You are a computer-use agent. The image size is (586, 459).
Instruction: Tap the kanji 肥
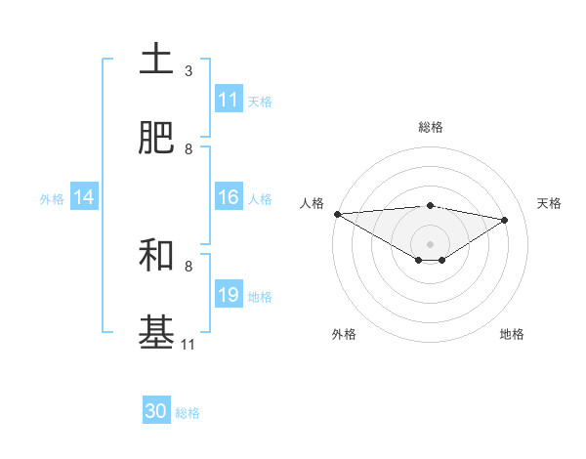click(156, 138)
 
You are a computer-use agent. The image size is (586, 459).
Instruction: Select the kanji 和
click(156, 255)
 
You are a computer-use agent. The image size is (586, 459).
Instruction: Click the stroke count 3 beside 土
click(188, 71)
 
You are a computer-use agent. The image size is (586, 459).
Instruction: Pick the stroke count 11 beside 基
click(188, 344)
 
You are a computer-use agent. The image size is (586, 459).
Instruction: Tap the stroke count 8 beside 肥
click(188, 149)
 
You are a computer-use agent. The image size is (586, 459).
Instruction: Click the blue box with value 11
click(229, 100)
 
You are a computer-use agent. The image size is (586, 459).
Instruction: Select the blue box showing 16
click(229, 197)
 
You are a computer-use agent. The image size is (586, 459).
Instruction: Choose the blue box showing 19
click(229, 295)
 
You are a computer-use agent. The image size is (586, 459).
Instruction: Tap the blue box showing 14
click(84, 197)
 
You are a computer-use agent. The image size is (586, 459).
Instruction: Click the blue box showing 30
click(156, 411)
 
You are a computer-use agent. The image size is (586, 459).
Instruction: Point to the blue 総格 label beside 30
click(188, 413)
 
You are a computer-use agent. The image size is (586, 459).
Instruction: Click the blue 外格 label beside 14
click(52, 199)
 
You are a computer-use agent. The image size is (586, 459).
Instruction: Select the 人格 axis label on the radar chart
click(312, 203)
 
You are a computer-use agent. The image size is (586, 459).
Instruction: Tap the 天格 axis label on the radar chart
click(550, 203)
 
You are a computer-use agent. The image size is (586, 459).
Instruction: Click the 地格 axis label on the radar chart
click(512, 334)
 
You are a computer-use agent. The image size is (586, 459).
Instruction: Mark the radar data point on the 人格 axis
click(337, 214)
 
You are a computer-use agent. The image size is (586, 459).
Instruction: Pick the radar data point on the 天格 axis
click(505, 220)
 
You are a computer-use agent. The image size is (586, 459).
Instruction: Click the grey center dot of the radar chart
click(430, 243)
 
